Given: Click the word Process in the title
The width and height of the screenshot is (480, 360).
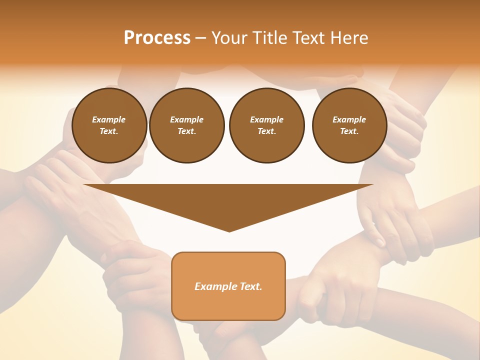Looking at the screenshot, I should pos(157,37).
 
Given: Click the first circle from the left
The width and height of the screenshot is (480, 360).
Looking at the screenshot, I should pos(109,125).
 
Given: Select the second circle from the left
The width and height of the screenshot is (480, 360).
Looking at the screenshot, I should pos(187,125).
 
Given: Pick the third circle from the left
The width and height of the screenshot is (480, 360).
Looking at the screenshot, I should pos(266,125).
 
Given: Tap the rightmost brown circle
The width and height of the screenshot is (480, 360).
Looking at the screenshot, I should pos(349,125).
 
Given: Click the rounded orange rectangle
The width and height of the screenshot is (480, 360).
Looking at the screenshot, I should pos(228,286).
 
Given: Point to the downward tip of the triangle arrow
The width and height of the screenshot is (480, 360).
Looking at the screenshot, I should pos(229,230).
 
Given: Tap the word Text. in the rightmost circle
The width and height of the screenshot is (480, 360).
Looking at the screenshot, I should pos(349,131).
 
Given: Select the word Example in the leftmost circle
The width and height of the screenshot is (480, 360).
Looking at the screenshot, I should pos(109,119).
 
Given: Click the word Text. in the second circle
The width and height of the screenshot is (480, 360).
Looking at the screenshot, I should pos(187,131).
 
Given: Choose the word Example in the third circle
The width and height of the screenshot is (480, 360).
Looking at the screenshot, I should pos(266,119).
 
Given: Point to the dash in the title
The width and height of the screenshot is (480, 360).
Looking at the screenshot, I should pos(201,38).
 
